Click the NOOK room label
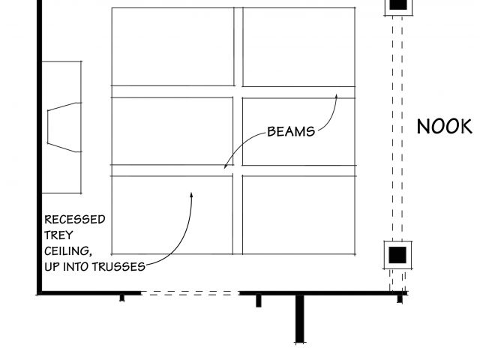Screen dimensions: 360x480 point(444,126)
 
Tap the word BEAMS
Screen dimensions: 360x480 point(291,132)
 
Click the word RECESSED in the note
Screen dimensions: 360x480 point(75,220)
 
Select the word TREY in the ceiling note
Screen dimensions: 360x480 point(59,235)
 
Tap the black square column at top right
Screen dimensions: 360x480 point(398,4)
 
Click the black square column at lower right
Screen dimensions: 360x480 point(397,253)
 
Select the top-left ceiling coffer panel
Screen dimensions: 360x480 point(172,46)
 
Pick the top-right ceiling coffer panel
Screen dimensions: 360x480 point(298,46)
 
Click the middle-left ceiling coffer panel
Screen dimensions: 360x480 point(172,130)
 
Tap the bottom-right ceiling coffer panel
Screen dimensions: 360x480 point(298,214)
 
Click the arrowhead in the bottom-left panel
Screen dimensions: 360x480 point(191,194)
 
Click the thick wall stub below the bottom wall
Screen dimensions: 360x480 point(300,319)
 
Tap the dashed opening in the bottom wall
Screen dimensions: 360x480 point(189,293)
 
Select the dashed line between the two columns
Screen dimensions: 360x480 point(397,127)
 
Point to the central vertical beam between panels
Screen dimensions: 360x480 point(238,130)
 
